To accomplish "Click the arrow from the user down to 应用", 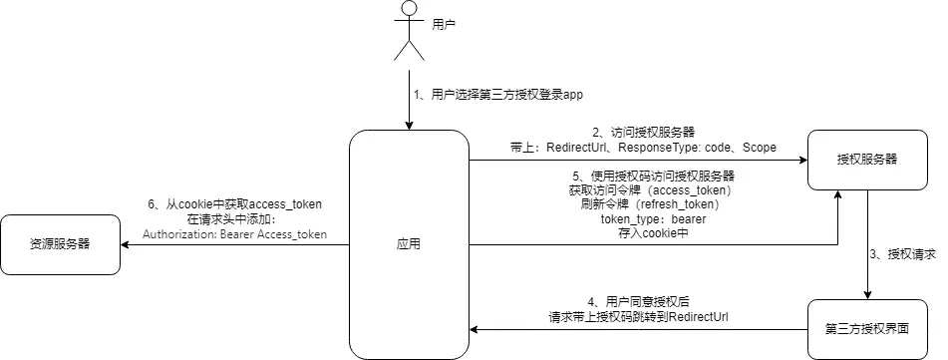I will coord(408,100).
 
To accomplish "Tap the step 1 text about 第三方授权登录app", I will coord(497,96).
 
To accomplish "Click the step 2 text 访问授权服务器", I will coord(638,131).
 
